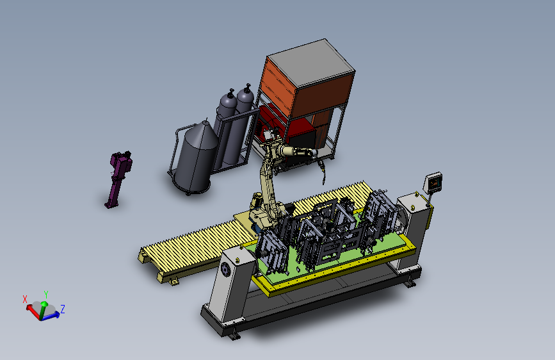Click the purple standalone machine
pyautogui.click(x=118, y=179)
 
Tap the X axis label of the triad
pyautogui.click(x=25, y=299)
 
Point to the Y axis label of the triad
pyautogui.click(x=46, y=294)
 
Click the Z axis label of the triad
pyautogui.click(x=63, y=309)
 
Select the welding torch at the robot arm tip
pyautogui.click(x=323, y=172)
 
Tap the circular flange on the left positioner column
pyautogui.click(x=225, y=270)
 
